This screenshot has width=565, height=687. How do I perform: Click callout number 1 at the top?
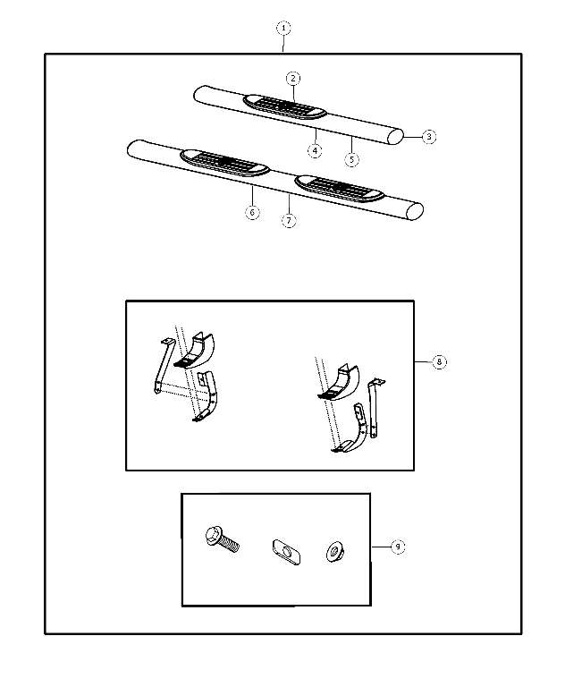pyautogui.click(x=283, y=28)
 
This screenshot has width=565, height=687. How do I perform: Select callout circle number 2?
pyautogui.click(x=293, y=78)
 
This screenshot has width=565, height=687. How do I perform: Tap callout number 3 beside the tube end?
pyautogui.click(x=429, y=137)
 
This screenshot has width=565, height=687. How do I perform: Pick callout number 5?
pyautogui.click(x=351, y=159)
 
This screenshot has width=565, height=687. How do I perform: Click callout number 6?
pyautogui.click(x=253, y=213)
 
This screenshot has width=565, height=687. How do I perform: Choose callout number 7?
pyautogui.click(x=289, y=220)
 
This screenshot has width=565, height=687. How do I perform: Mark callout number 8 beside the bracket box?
pyautogui.click(x=439, y=362)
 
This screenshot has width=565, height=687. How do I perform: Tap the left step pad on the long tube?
pyautogui.click(x=224, y=163)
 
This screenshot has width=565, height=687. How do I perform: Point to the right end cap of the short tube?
pyautogui.click(x=396, y=137)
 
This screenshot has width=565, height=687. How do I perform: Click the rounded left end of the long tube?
pyautogui.click(x=134, y=148)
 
